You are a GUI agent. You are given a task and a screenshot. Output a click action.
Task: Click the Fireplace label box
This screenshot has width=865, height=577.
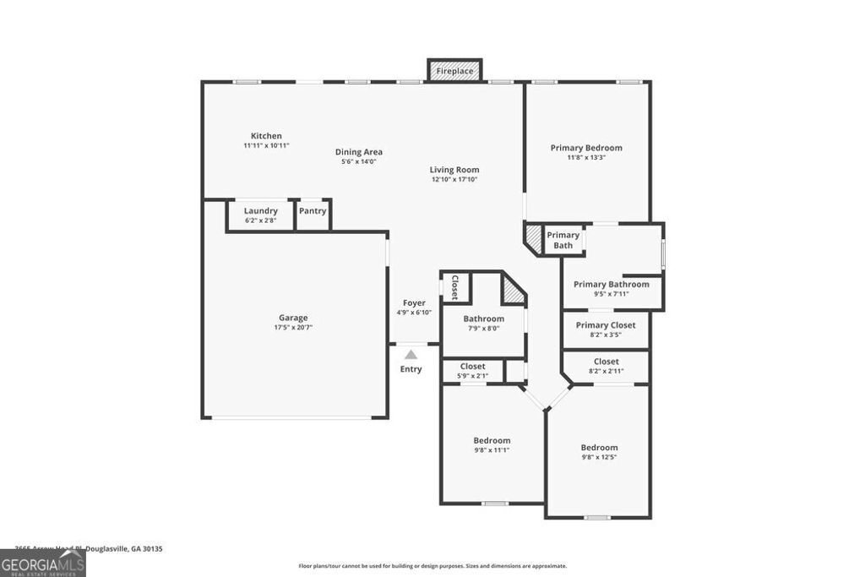coord(454,71)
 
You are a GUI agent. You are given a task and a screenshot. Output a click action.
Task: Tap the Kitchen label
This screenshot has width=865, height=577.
coord(266,136)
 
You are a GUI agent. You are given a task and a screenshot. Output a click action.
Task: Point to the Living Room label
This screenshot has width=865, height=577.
coord(454,170)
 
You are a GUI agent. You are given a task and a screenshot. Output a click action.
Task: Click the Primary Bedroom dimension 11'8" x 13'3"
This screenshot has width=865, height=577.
coord(586,157)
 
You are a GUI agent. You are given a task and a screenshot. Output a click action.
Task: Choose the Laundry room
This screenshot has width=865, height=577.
coord(260,215)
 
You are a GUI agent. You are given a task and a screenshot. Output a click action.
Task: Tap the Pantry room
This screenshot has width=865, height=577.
coord(313,215)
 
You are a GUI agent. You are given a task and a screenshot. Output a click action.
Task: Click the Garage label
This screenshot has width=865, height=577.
coord(293,318)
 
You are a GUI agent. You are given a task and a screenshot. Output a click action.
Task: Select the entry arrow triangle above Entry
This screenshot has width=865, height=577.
coord(411,355)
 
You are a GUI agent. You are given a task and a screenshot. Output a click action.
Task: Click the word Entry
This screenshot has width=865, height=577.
coord(411,369)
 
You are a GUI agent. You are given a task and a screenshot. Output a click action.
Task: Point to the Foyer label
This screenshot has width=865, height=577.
coord(414,302)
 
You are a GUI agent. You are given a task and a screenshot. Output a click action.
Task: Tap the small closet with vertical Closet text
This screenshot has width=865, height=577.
coord(454,286)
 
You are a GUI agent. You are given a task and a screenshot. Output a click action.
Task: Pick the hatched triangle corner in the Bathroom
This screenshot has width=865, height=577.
coord(514,293)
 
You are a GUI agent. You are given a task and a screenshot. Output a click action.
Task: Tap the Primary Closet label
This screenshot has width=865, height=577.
coord(606,325)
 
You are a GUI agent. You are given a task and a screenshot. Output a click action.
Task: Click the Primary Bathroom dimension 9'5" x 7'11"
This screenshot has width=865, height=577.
coord(611,294)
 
